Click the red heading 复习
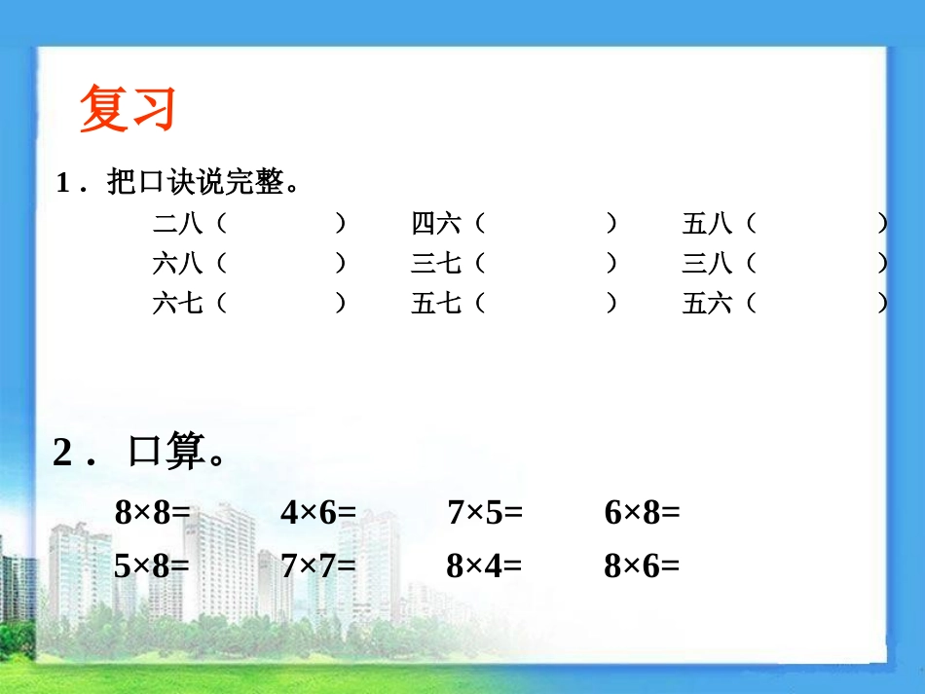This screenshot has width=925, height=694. tap(128, 108)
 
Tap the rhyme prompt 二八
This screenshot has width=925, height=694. tap(177, 225)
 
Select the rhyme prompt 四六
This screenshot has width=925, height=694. tap(435, 225)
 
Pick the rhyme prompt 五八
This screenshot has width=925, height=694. tap(707, 225)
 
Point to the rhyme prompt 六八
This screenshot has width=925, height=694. tap(177, 263)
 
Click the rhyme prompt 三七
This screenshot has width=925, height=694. tap(435, 263)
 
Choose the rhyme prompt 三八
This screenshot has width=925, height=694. tap(707, 263)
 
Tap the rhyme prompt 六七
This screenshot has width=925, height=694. tap(177, 304)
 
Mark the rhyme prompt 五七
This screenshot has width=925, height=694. tap(435, 304)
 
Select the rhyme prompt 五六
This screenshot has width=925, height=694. tap(707, 304)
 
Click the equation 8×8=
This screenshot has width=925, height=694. tap(152, 512)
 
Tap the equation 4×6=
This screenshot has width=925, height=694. tap(318, 512)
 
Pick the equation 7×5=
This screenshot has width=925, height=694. tap(485, 512)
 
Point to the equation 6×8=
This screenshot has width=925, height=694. tap(642, 512)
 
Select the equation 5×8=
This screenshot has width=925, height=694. tap(152, 566)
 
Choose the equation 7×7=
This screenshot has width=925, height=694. tap(318, 566)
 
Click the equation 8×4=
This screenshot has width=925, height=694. tap(484, 566)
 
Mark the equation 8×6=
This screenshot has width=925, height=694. tap(642, 566)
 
